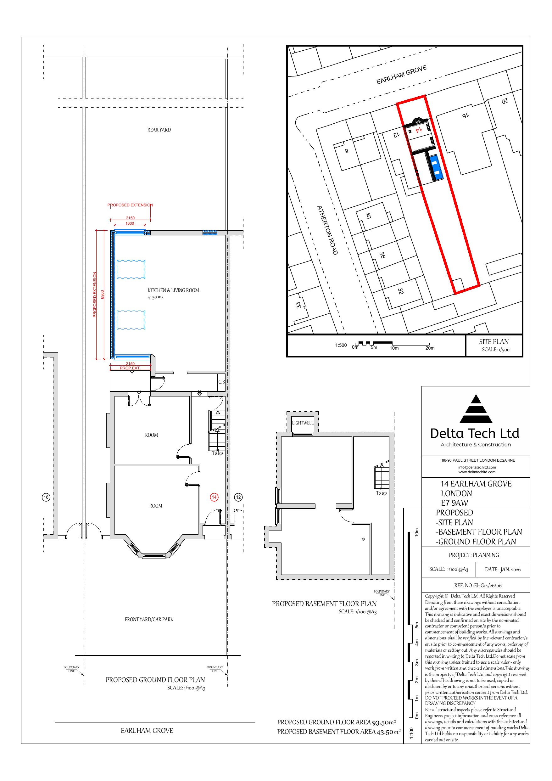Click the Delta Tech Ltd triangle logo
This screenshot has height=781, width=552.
pyautogui.click(x=476, y=409)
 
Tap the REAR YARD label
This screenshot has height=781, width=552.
pyautogui.click(x=159, y=130)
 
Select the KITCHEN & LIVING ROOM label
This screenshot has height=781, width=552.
pyautogui.click(x=173, y=290)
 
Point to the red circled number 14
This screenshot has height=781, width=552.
pyautogui.click(x=214, y=497)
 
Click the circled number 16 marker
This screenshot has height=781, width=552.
pyautogui.click(x=46, y=497)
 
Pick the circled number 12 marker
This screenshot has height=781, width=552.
pyautogui.click(x=238, y=497)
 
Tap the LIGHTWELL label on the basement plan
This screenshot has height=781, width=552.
pyautogui.click(x=303, y=423)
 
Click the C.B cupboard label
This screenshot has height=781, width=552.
pyautogui.click(x=221, y=382)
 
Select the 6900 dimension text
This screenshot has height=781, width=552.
pyautogui.click(x=102, y=295)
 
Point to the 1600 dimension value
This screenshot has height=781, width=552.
pyautogui.click(x=130, y=223)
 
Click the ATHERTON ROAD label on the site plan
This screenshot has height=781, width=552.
pyautogui.click(x=327, y=230)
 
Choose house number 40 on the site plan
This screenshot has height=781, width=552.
pyautogui.click(x=368, y=215)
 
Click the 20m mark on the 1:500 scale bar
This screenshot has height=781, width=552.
pyautogui.click(x=430, y=348)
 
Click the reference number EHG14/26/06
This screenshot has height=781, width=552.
pyautogui.click(x=488, y=585)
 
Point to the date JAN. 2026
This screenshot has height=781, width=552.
pyautogui.click(x=510, y=569)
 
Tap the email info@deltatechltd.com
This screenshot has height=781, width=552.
pyautogui.click(x=477, y=467)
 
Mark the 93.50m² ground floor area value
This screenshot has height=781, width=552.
pyautogui.click(x=384, y=722)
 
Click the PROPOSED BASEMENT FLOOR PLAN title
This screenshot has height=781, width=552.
pyautogui.click(x=324, y=604)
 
